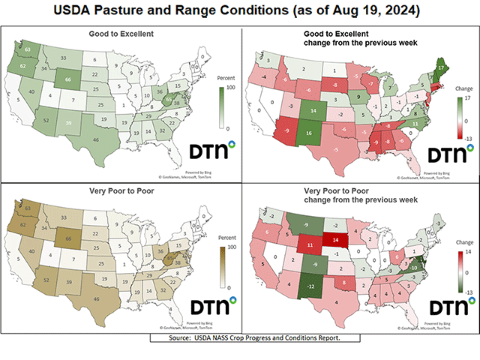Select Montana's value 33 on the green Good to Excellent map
[63, 58]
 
